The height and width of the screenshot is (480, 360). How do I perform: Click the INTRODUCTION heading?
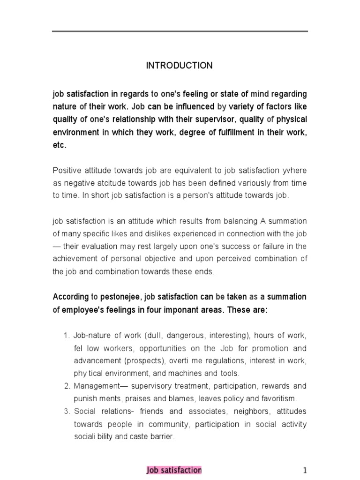(179, 66)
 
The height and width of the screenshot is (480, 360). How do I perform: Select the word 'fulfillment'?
(238, 132)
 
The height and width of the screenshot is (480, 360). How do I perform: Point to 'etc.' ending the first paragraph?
(60, 145)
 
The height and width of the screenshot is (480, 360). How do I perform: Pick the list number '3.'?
(66, 412)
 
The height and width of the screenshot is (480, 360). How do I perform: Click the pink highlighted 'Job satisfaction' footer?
(174, 470)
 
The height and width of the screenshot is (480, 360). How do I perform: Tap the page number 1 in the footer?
(304, 470)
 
